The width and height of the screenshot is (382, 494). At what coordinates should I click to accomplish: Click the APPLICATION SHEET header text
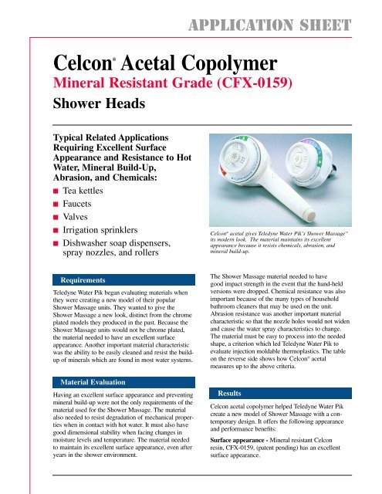[x=286, y=12]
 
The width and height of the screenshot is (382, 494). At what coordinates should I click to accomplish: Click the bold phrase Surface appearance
[x=238, y=466]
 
